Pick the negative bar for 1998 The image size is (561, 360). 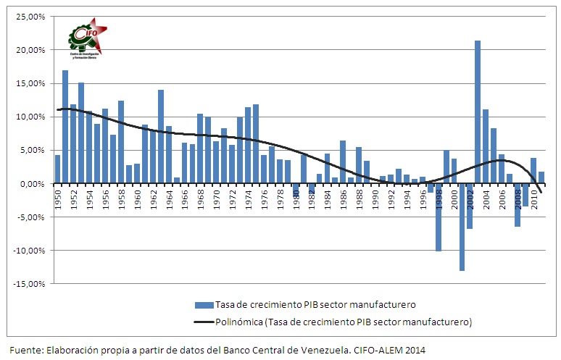pos(438,217)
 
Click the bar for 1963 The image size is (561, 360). pos(161,137)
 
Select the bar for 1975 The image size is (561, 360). pos(256,144)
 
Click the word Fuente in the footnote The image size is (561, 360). pos(25,349)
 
